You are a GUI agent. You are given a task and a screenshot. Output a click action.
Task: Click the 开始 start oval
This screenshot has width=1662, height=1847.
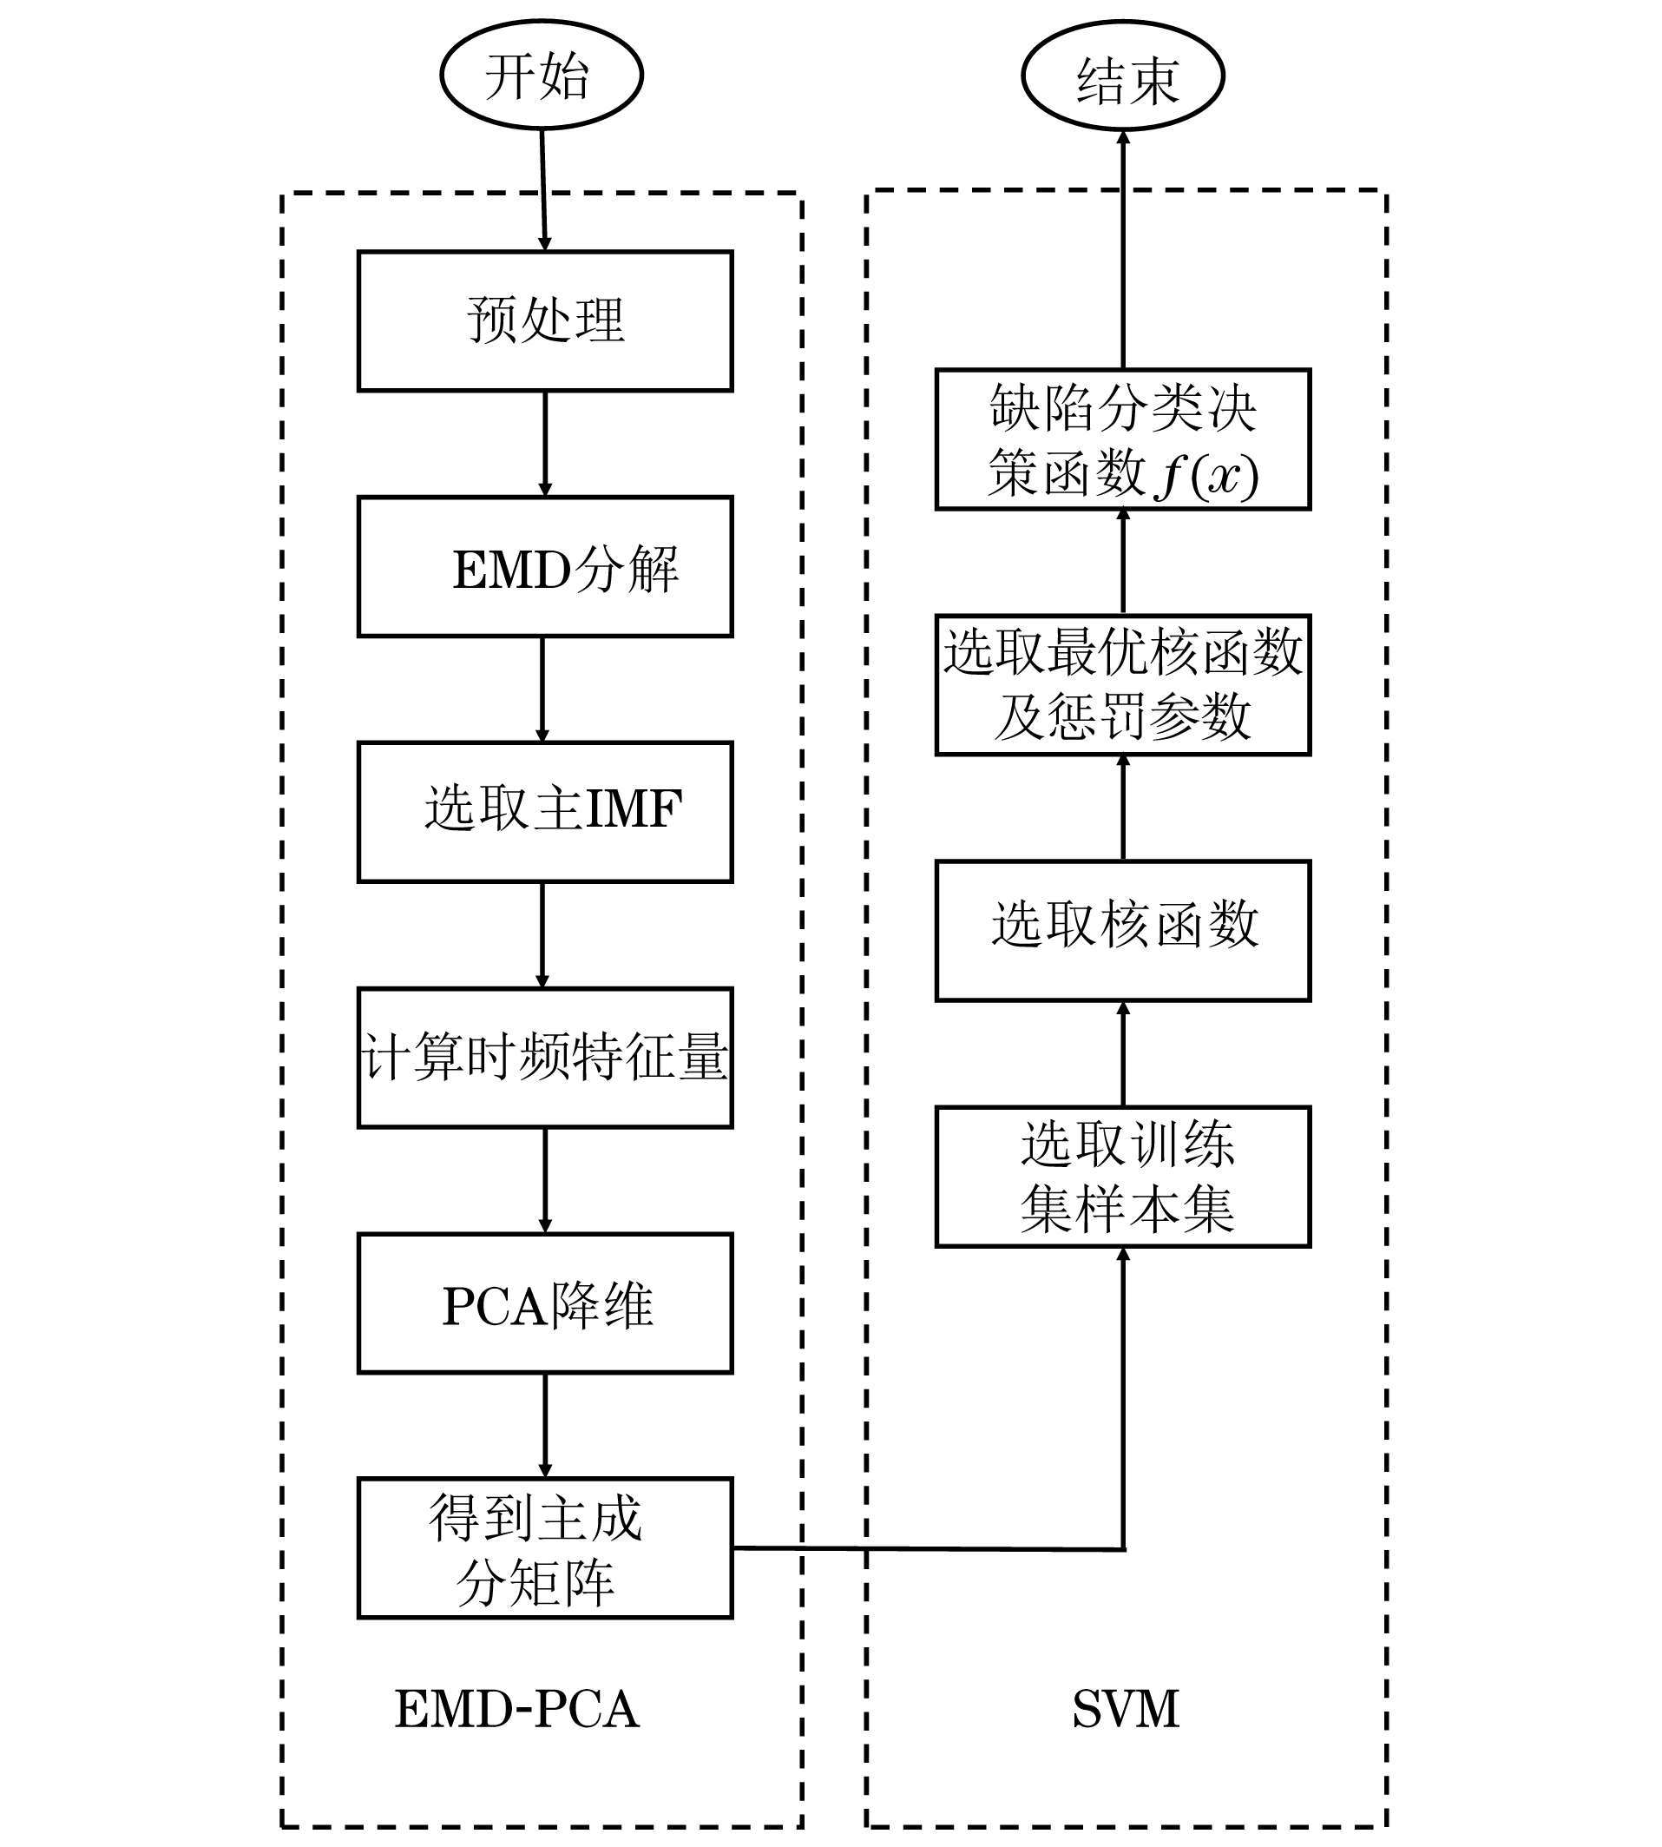pyautogui.click(x=542, y=75)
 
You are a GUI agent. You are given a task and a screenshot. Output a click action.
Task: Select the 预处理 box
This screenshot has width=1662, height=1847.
pyautogui.click(x=545, y=320)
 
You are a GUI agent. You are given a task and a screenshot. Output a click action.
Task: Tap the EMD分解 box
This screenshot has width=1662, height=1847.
pyautogui.click(x=545, y=566)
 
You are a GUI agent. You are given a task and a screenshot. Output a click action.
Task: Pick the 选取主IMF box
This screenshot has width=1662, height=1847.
pyautogui.click(x=545, y=812)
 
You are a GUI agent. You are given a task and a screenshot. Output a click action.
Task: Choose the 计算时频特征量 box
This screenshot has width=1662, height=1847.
pyautogui.click(x=545, y=1058)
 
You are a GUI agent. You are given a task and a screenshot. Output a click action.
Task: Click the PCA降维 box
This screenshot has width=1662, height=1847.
pyautogui.click(x=545, y=1303)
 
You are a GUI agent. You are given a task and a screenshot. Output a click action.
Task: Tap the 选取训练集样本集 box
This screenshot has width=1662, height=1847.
pyautogui.click(x=1123, y=1177)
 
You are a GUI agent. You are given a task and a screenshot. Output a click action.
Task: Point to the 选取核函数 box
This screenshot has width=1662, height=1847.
pyautogui.click(x=1123, y=931)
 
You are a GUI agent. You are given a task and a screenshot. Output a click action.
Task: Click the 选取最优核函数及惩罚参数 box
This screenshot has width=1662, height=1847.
pyautogui.click(x=1123, y=685)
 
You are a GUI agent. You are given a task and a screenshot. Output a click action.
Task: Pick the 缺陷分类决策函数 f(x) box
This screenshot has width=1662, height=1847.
pyautogui.click(x=1123, y=439)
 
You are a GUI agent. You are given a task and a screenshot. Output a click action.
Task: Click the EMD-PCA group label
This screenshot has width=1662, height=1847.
pyautogui.click(x=517, y=1709)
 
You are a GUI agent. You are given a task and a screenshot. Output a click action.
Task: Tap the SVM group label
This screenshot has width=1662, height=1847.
pyautogui.click(x=1126, y=1709)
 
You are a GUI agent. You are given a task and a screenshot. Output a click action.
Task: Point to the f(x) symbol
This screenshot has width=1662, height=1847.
pyautogui.click(x=1207, y=476)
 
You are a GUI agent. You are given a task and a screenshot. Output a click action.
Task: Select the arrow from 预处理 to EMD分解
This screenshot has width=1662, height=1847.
pyautogui.click(x=545, y=444)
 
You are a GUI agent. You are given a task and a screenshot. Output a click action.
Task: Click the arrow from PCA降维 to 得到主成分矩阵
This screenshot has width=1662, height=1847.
pyautogui.click(x=545, y=1425)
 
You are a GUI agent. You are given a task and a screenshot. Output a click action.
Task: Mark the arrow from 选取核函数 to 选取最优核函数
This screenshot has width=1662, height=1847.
pyautogui.click(x=1123, y=808)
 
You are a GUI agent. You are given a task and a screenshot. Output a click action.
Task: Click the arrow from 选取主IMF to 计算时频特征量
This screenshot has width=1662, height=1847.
pyautogui.click(x=542, y=934)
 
